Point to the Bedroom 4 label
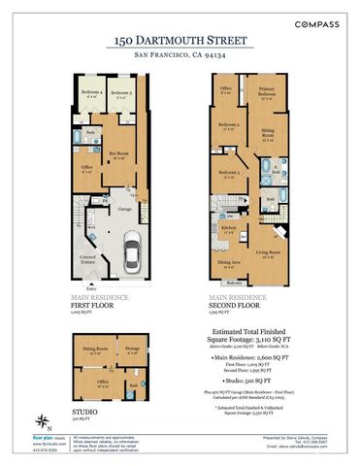pyautogui.click(x=92, y=94)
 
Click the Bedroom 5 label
pyautogui.click(x=121, y=94)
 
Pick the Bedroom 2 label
pyautogui.click(x=229, y=125)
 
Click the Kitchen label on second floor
pyautogui.click(x=229, y=228)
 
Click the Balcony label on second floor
pyautogui.click(x=234, y=283)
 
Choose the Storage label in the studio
pyautogui.click(x=132, y=349)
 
